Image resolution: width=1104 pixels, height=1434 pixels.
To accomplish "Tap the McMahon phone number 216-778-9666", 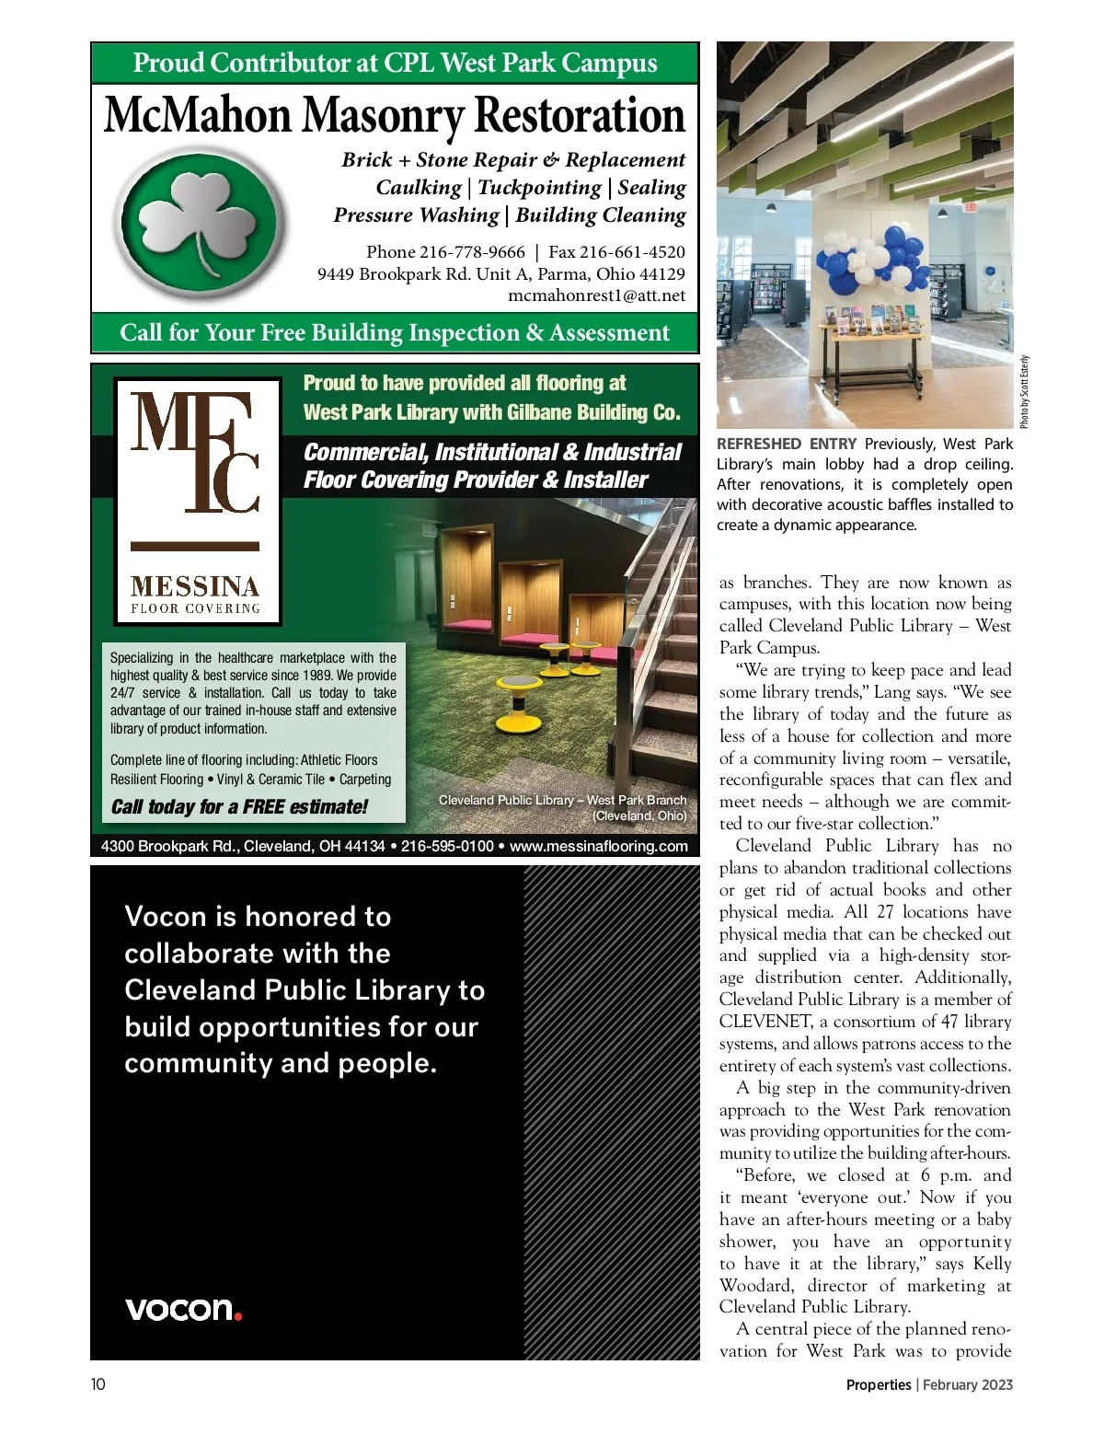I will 472,252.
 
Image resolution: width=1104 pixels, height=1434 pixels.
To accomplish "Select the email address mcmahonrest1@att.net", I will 596,295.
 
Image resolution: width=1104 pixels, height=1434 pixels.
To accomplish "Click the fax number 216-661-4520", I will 632,252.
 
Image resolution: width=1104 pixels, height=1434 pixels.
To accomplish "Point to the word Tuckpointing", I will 539,188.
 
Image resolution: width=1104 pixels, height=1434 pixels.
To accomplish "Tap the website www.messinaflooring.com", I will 598,847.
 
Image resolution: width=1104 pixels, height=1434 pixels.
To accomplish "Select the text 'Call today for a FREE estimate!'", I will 239,807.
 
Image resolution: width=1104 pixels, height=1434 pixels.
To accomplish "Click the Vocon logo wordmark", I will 178,1309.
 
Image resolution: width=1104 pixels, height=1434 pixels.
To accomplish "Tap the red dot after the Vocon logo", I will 238,1316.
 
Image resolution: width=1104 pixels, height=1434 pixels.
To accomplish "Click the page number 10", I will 98,1384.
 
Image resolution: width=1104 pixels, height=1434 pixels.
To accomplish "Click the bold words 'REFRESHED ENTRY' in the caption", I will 786,445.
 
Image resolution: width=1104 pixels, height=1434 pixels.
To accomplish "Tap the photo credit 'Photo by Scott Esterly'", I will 1025,392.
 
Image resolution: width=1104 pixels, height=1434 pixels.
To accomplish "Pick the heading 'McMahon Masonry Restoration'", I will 395,116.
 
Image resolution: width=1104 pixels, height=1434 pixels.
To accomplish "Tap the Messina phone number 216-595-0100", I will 447,847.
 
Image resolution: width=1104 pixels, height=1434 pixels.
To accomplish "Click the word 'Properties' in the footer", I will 878,1384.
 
